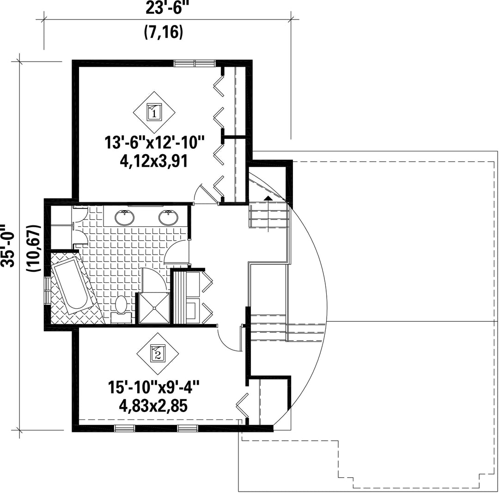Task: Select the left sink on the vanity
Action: coord(124,218)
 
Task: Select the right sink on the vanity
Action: coord(168,218)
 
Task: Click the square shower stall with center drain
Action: coord(154,308)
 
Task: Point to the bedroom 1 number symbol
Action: coord(154,112)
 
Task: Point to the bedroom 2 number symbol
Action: coord(158,354)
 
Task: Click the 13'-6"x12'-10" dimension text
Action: coord(154,142)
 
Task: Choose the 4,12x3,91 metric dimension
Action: coord(154,162)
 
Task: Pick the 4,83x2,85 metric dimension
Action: coord(154,406)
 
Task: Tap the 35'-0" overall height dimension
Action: coord(8,245)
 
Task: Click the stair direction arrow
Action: coord(268,214)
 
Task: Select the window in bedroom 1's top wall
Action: coord(195,63)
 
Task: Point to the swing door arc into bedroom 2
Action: coord(225,342)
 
